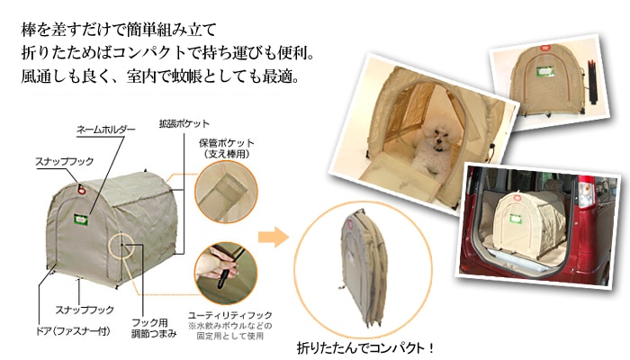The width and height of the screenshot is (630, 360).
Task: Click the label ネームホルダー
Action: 106,130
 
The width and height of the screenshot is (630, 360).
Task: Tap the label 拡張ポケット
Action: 184,124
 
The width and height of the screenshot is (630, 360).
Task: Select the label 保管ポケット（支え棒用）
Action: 227,148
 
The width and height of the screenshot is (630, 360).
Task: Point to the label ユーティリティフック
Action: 230,315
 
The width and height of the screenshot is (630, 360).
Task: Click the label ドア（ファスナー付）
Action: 73,331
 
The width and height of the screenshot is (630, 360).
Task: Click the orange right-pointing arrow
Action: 274,236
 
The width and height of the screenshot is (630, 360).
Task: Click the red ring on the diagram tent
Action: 82,189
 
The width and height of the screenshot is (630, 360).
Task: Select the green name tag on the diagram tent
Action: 81,220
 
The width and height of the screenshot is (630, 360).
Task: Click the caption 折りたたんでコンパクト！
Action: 365,348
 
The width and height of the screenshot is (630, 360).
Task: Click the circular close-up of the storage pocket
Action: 226,192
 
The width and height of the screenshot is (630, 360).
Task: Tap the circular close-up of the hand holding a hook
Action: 226,274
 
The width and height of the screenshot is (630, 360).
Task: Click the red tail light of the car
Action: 588,192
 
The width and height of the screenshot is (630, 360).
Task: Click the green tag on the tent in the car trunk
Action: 516,219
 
